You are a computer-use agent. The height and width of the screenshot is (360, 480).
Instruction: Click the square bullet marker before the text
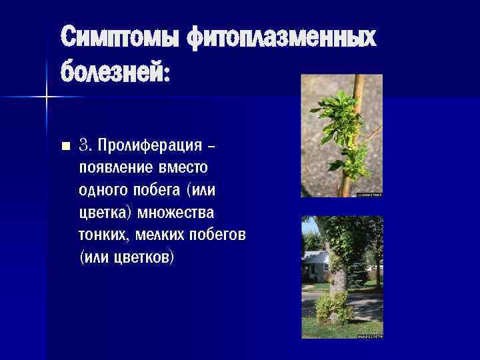click(x=65, y=145)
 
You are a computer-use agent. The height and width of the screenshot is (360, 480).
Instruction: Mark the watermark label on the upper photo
click(x=369, y=195)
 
